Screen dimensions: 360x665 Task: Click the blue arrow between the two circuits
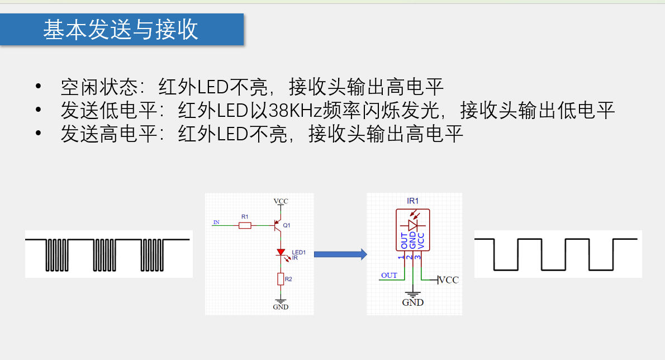[340, 254]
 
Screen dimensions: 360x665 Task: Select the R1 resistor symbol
[245, 225]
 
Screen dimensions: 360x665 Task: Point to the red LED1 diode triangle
[280, 253]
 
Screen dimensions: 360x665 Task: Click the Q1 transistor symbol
[277, 225]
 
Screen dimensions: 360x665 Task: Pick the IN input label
[216, 222]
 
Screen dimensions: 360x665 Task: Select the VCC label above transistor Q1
[281, 201]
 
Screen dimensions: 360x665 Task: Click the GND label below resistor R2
[280, 307]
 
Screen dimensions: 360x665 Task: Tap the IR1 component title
[413, 201]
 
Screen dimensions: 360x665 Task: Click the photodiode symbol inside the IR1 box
[414, 225]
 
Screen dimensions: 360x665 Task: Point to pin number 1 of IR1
[401, 257]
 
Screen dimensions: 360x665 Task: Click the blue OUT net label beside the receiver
[389, 275]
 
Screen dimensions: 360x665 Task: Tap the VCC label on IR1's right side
[449, 280]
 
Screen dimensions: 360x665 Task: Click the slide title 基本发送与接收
[121, 30]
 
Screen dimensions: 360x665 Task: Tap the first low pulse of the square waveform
[506, 255]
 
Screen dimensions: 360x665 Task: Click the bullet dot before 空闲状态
[38, 86]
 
